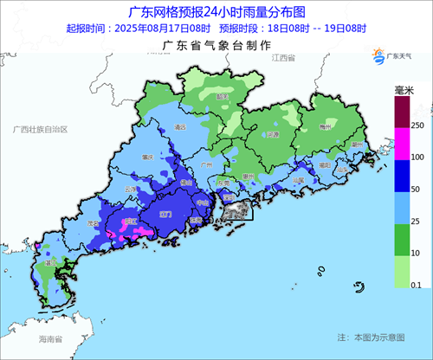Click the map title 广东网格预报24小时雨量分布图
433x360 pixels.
click(x=216, y=12)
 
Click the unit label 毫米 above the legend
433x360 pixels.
click(x=404, y=90)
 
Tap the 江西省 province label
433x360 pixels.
click(x=283, y=57)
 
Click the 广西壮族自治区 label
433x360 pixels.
click(x=41, y=128)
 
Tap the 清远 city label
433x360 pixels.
click(x=180, y=127)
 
